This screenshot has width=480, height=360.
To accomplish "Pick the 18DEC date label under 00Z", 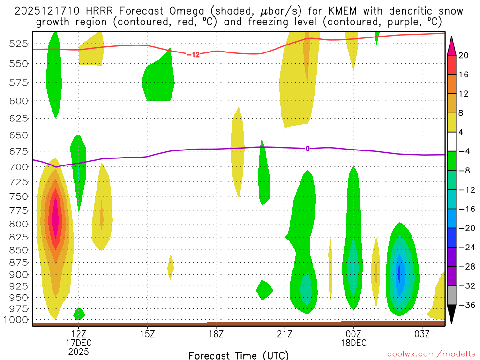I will (x=353, y=343).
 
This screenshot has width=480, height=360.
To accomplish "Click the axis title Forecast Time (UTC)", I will (x=239, y=355).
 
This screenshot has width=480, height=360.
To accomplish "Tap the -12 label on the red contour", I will (x=193, y=55).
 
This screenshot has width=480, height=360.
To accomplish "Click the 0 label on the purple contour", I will (x=307, y=149).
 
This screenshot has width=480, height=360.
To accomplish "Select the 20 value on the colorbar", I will (x=464, y=55).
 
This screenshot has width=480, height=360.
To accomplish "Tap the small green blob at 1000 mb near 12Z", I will (x=79, y=314).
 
